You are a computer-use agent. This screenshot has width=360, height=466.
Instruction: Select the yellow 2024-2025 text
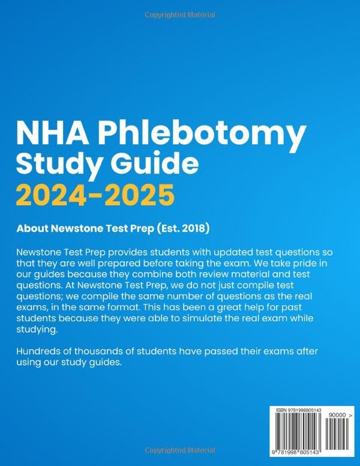pos(95,195)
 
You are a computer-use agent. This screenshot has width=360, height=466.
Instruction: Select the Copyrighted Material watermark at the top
pos(180,14)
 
